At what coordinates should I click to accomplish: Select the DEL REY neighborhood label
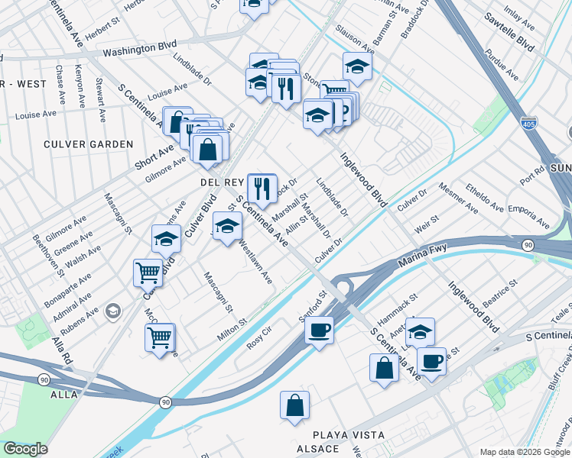pyautogui.click(x=222, y=182)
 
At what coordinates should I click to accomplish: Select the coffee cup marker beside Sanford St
pyautogui.click(x=318, y=331)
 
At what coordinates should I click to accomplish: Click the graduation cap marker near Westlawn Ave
pyautogui.click(x=226, y=226)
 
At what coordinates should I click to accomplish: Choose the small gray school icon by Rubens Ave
pyautogui.click(x=113, y=311)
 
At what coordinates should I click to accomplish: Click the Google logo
pyautogui.click(x=26, y=449)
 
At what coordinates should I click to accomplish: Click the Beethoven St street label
pyautogui.click(x=48, y=250)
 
